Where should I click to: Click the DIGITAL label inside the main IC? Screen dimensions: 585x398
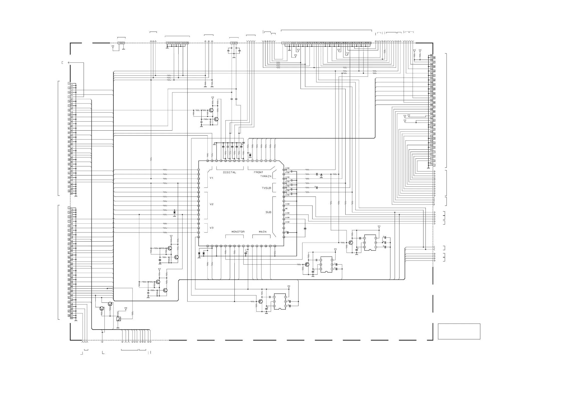229,172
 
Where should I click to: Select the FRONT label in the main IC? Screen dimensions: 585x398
258,172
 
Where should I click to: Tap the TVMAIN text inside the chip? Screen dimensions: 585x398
265,176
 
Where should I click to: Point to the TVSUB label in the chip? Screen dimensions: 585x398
266,188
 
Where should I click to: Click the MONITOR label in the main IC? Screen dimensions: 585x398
238,232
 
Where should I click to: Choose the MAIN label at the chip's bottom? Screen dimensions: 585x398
262,232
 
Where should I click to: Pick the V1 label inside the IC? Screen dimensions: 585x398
211,178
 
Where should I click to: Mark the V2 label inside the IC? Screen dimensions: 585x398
211,204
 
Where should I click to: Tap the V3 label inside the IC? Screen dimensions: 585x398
211,228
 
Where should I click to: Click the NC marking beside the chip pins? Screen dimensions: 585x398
286,209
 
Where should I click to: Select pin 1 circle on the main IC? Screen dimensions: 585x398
275,161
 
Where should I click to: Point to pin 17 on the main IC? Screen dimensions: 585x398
199,170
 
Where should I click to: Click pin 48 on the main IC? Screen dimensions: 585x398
275,246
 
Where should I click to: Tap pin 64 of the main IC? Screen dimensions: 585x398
284,170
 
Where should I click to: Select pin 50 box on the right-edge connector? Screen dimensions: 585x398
431,55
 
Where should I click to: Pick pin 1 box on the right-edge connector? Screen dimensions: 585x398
434,165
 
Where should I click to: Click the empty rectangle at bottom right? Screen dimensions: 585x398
459,331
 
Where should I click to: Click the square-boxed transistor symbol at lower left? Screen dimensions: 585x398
118,319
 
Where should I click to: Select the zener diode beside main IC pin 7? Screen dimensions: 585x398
250,155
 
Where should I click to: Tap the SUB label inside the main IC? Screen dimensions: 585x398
268,212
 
